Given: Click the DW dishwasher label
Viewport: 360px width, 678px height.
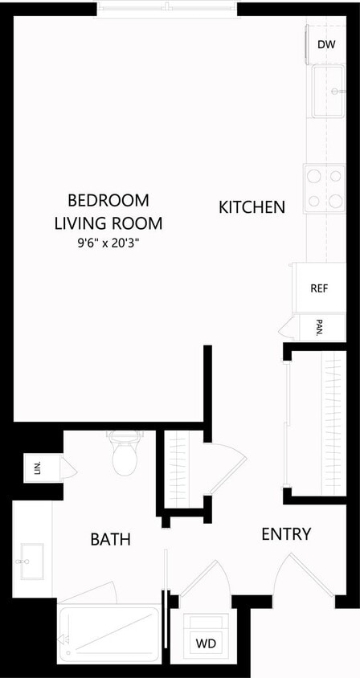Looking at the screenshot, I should click(326, 45).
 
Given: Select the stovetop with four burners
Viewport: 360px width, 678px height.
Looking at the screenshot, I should click(324, 189).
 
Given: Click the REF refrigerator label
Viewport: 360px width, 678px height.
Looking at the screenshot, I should click(319, 288).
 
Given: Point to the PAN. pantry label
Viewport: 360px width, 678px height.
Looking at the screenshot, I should click(319, 327).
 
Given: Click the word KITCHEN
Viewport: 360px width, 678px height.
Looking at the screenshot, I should click(252, 207).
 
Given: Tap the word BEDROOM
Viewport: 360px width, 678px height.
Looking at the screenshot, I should click(108, 200).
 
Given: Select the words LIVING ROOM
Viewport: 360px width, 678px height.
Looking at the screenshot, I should click(108, 223).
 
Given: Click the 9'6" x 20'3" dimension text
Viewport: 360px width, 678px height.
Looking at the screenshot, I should click(108, 242).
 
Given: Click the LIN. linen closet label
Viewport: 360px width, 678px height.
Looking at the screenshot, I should click(37, 467).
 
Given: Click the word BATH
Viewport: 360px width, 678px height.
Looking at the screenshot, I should click(110, 540).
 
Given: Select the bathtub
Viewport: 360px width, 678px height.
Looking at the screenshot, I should click(108, 633).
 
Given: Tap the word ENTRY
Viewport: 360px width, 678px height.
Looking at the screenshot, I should click(286, 534).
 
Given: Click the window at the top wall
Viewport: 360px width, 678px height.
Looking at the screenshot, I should click(167, 9).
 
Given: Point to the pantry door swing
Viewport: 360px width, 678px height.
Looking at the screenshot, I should click(285, 328).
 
